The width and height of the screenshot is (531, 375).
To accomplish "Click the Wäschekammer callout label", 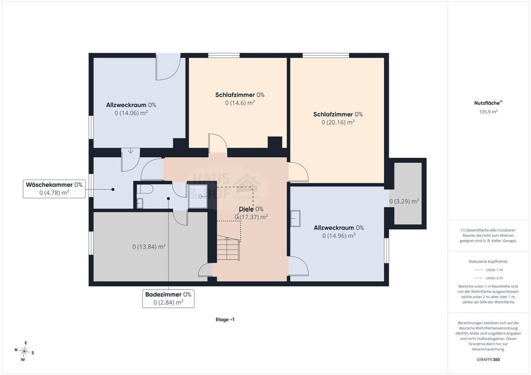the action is pyautogui.click(x=54, y=189).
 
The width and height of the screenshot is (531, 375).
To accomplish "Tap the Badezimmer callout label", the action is pyautogui.click(x=168, y=298).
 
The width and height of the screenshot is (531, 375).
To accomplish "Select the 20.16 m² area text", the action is pyautogui.click(x=338, y=122).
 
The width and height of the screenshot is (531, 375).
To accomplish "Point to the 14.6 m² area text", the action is pyautogui.click(x=240, y=102).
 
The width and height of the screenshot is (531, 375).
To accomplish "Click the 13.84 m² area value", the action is pyautogui.click(x=149, y=247).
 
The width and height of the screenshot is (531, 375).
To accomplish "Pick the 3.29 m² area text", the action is pyautogui.click(x=404, y=201).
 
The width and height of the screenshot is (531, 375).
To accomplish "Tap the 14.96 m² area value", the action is pyautogui.click(x=339, y=236).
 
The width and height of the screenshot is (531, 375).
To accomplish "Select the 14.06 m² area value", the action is pyautogui.click(x=131, y=113).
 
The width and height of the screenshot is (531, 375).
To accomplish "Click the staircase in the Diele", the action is pyautogui.click(x=228, y=248).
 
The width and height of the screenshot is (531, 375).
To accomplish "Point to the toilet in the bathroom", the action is pyautogui.click(x=145, y=189).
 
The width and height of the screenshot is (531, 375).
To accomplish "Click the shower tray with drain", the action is pyautogui.click(x=198, y=196).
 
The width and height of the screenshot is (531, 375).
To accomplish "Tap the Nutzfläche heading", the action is pyautogui.click(x=488, y=103).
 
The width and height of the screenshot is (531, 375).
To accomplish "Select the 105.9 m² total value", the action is pyautogui.click(x=488, y=112).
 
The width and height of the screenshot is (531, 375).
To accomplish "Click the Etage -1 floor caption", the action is pyautogui.click(x=225, y=320).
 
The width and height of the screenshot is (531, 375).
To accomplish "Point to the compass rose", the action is pyautogui.click(x=24, y=351).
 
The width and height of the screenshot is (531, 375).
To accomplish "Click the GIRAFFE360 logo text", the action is pyautogui.click(x=488, y=359).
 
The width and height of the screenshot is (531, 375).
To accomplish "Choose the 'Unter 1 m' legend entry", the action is pyautogui.click(x=488, y=270).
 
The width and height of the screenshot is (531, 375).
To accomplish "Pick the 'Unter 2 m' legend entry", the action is pyautogui.click(x=488, y=278).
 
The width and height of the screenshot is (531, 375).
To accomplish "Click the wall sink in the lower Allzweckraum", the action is pyautogui.click(x=295, y=218).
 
